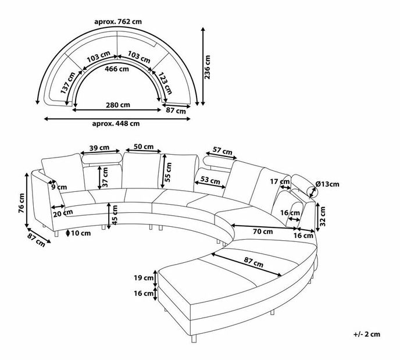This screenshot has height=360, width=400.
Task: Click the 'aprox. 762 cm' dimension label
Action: [x=118, y=22]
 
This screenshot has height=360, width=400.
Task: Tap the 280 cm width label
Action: [x=118, y=105]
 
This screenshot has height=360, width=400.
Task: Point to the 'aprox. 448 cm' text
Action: [x=116, y=123]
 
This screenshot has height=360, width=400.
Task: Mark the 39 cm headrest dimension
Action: [x=101, y=148]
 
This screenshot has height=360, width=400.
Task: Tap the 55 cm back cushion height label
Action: [x=169, y=170]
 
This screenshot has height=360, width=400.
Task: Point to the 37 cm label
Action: [x=106, y=174]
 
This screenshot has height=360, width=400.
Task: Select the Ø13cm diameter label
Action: [x=327, y=184]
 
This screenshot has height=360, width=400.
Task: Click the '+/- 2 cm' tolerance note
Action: [x=366, y=334]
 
